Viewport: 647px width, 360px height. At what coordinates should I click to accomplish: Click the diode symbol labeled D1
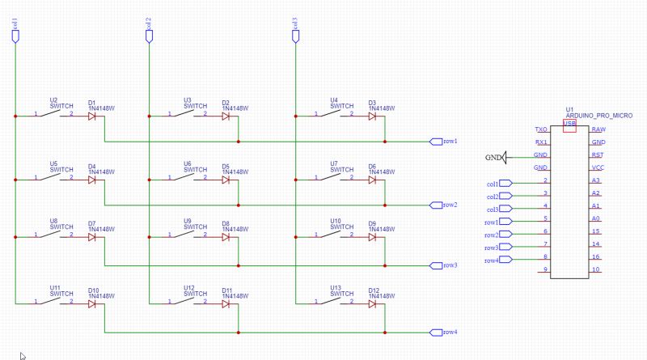click(91, 116)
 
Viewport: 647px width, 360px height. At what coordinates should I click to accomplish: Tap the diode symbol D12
click(372, 303)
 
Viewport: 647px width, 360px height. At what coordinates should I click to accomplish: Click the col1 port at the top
click(15, 34)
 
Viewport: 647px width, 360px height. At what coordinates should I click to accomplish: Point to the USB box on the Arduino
click(569, 123)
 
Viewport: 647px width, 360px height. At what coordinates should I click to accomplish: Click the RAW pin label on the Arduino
click(598, 129)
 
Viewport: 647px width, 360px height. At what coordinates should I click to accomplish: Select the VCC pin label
click(598, 167)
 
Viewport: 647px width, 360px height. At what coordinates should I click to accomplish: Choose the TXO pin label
click(541, 129)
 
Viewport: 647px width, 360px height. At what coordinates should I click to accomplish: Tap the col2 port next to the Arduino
click(503, 196)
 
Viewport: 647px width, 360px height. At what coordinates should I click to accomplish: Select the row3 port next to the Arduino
click(501, 247)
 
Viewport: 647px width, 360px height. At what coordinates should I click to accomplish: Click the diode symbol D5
click(226, 179)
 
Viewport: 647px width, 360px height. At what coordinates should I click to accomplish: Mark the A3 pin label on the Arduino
click(596, 180)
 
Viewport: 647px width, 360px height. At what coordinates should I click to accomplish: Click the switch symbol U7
click(333, 178)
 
